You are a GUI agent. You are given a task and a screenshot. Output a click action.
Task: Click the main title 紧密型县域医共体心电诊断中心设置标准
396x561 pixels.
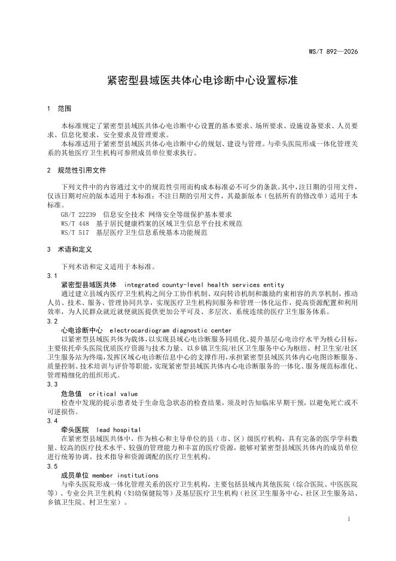tap(197, 79)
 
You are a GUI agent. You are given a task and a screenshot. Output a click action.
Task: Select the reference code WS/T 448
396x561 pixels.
tap(75, 223)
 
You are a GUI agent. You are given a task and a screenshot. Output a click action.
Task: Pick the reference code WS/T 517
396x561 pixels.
tap(75, 232)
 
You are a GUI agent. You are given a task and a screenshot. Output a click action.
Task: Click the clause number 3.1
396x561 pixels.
tap(52, 275)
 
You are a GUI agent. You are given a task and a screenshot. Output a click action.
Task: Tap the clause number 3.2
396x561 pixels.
tap(52, 321)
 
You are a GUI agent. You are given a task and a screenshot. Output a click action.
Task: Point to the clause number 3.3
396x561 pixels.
tap(52, 384)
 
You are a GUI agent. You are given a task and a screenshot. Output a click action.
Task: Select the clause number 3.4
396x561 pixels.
tap(52, 421)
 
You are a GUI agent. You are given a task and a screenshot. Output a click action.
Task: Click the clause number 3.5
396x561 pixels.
tap(52, 466)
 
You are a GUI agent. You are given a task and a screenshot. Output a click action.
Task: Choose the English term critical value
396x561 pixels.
tap(113, 393)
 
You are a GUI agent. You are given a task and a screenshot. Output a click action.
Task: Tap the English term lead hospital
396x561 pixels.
tap(118, 430)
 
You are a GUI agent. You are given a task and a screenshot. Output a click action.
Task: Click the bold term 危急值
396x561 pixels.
tap(71, 393)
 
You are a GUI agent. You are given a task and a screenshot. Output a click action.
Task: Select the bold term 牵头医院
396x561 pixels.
tap(75, 430)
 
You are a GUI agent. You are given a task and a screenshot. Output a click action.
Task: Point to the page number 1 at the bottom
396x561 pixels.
tap(348, 519)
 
